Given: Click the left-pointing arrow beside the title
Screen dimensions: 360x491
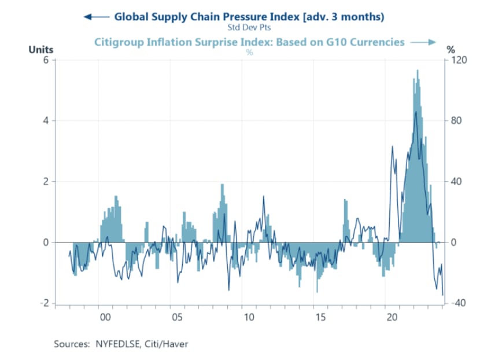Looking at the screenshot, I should click(97, 17).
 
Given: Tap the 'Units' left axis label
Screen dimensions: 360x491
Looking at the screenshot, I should click(41, 50).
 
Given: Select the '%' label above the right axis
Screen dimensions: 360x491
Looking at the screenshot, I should click(451, 50).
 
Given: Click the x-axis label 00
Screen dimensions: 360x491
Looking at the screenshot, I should click(105, 318).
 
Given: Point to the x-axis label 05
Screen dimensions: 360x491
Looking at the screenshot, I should click(177, 318).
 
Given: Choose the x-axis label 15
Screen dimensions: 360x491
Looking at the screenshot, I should click(321, 318).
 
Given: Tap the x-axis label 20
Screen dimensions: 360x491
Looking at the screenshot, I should click(393, 318).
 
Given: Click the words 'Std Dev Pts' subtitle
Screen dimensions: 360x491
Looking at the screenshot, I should click(249, 27).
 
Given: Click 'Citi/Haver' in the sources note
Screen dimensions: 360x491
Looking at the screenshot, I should click(168, 344).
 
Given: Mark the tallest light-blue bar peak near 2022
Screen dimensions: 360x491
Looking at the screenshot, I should click(418, 71).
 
